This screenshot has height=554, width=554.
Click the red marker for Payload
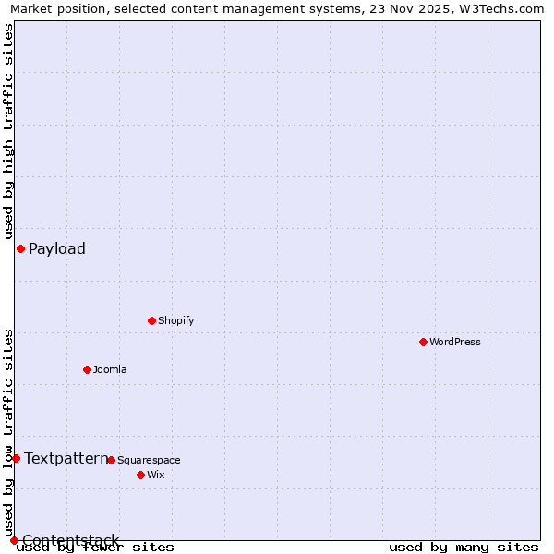20,248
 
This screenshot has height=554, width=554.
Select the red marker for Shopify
151,320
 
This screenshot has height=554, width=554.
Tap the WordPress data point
423,342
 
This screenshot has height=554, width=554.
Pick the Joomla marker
87,369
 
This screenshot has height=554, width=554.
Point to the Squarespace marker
111,460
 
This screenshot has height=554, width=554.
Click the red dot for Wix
140,475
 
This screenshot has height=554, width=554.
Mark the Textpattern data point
16,458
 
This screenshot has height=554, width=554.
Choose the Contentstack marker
14,540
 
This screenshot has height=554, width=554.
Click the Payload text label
57,248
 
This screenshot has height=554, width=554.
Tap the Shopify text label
175,320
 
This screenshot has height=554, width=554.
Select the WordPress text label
455,342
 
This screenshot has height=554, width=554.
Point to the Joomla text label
110,369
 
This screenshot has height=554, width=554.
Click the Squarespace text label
149,460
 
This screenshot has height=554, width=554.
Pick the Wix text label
156,475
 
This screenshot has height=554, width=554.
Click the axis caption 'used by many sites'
464,547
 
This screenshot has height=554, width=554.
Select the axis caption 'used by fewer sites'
95,547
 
